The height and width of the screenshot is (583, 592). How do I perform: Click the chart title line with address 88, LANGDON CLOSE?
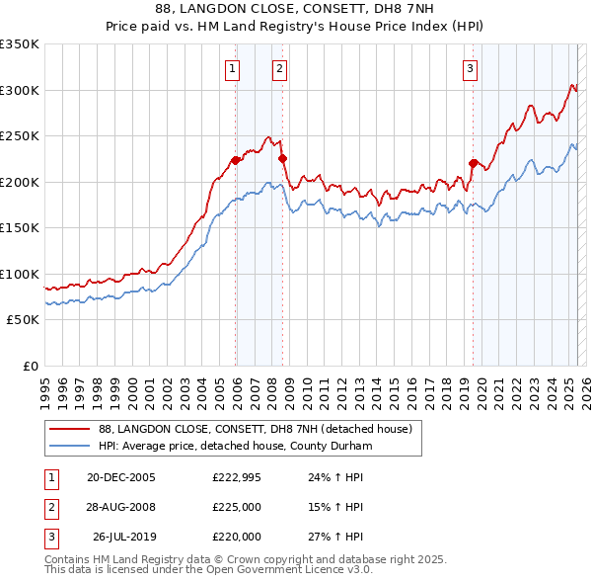pyautogui.click(x=295, y=9)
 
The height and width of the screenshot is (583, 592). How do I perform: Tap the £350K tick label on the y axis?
pyautogui.click(x=20, y=44)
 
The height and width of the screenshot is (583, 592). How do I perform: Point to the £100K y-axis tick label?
pyautogui.click(x=20, y=274)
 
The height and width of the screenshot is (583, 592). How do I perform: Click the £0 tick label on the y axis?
pyautogui.click(x=30, y=366)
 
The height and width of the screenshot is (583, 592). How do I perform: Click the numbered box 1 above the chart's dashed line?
pyautogui.click(x=231, y=68)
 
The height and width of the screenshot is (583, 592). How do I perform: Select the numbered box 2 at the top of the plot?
pyautogui.click(x=279, y=68)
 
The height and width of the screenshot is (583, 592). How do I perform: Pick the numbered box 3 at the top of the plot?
pyautogui.click(x=470, y=68)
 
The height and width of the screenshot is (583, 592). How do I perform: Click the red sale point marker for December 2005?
pyautogui.click(x=236, y=160)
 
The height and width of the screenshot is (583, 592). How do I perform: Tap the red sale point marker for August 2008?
pyautogui.click(x=283, y=158)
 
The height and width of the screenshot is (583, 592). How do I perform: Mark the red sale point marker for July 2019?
pyautogui.click(x=474, y=163)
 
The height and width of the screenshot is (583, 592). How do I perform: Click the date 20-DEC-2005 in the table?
pyautogui.click(x=120, y=476)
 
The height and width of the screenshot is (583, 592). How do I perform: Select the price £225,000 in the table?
pyautogui.click(x=237, y=507)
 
